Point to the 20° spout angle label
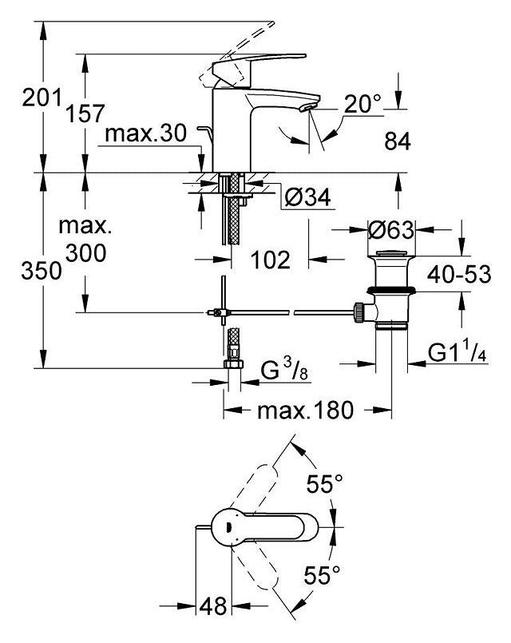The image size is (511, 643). tap(364, 102)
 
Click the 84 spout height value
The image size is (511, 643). tap(396, 142)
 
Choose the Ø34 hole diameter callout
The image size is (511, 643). tap(307, 196)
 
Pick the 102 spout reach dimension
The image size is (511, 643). tap(269, 261)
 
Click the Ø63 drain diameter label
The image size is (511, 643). tap(389, 232)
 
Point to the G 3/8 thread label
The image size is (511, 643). tap(283, 371)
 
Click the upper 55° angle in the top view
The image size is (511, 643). tap(325, 484)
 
